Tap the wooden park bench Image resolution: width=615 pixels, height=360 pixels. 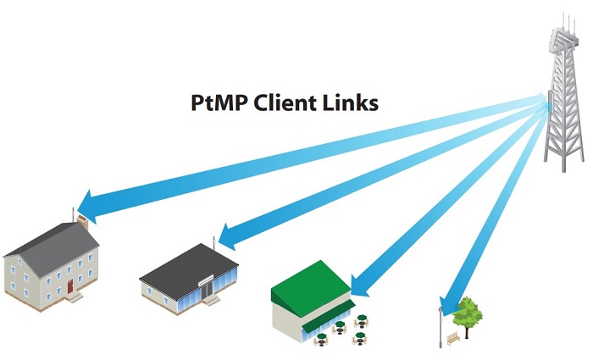(452, 336)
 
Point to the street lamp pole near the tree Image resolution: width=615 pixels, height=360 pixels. (440, 326)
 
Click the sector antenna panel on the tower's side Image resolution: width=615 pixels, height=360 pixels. (551, 107)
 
